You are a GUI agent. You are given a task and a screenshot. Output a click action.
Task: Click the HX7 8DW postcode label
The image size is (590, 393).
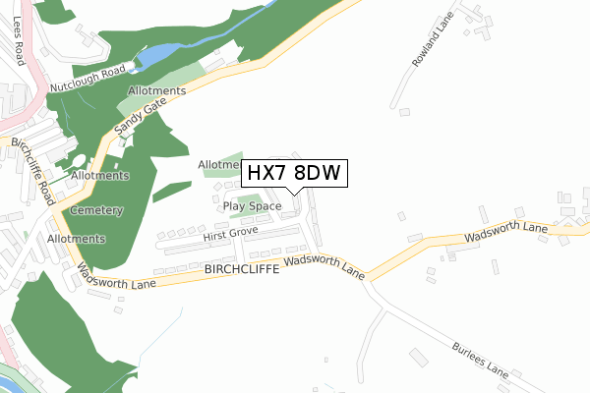pos(292,173)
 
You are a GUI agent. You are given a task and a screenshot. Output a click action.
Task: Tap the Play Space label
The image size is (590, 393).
pos(252,206)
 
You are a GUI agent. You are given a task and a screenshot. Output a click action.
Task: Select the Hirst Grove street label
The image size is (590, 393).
pos(229,237)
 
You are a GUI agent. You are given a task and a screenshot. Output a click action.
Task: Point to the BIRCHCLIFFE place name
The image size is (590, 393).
pos(242,267)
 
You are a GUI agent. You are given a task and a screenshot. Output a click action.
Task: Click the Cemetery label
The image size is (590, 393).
pos(95,211)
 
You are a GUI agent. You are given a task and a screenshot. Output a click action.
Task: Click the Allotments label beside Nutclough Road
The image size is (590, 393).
pos(156,91)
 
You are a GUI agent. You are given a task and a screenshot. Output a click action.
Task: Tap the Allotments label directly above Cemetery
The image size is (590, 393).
pos(100,176)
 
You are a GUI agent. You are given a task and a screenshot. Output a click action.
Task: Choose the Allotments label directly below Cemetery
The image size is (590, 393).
pos(76,239)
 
